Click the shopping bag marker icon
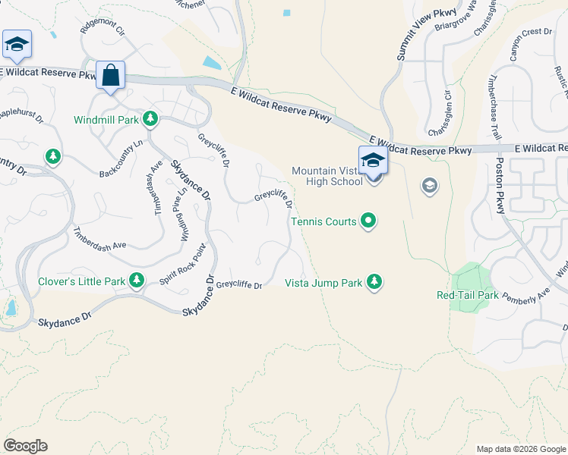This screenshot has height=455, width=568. click(x=111, y=75)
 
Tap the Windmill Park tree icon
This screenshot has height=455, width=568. click(x=150, y=119)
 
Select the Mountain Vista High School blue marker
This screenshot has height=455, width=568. click(x=372, y=161)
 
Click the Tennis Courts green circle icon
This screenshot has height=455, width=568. click(x=368, y=221)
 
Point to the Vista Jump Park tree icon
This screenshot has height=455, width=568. click(x=374, y=282)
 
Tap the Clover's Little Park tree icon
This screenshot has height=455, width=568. click(x=137, y=281)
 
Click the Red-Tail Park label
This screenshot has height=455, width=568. click(x=468, y=295)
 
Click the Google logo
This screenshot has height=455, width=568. click(x=25, y=446)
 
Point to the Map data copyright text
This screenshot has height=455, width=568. click(x=519, y=449)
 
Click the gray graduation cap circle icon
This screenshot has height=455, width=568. click(x=429, y=186)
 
